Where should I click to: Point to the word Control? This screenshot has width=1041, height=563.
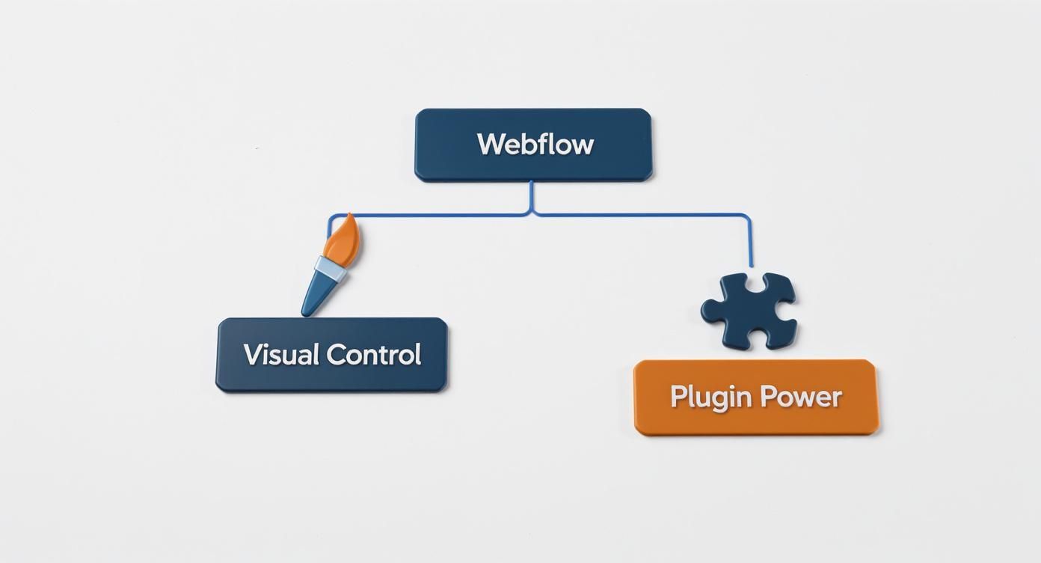pos(374,354)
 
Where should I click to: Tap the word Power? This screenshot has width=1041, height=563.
pos(801,397)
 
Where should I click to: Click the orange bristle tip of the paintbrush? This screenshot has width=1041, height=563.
pos(345,237)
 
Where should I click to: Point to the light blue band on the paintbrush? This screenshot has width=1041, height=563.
pos(330,268)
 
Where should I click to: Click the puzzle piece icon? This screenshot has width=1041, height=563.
pos(749,310)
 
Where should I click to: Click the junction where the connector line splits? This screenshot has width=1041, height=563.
pos(532,214)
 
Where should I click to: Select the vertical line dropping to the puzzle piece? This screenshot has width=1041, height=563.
pos(750,243)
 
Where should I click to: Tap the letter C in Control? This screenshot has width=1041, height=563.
pos(338,354)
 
